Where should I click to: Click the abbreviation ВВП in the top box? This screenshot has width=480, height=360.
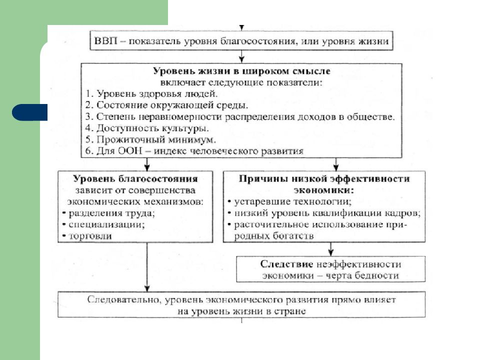pyautogui.click(x=105, y=40)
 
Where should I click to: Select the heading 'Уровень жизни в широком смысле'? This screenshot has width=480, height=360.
pyautogui.click(x=241, y=71)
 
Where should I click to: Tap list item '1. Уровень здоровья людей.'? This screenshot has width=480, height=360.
pyautogui.click(x=151, y=93)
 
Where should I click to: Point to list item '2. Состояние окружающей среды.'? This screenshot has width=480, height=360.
pyautogui.click(x=166, y=105)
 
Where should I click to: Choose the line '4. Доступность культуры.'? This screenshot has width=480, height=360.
pyautogui.click(x=147, y=128)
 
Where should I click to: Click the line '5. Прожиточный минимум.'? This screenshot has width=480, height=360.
pyautogui.click(x=150, y=139)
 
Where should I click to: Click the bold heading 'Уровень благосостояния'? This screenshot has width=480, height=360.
pyautogui.click(x=135, y=178)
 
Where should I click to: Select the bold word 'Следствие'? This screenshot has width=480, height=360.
pyautogui.click(x=286, y=264)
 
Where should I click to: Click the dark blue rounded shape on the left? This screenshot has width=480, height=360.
pyautogui.click(x=29, y=112)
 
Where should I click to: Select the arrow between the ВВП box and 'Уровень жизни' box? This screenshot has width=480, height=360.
pyautogui.click(x=241, y=56)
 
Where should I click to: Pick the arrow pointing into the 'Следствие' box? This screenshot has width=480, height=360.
pyautogui.click(x=330, y=249)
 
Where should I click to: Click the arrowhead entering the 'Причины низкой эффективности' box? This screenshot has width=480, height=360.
pyautogui.click(x=336, y=167)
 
